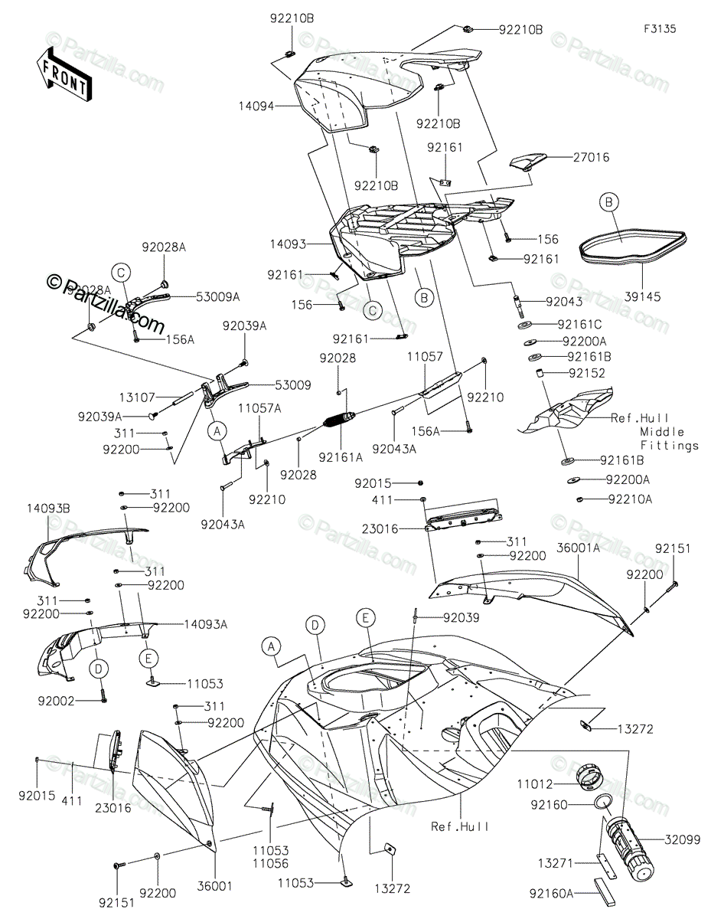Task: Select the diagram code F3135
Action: (x=659, y=29)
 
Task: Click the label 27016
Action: (x=592, y=158)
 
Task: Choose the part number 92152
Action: (x=588, y=374)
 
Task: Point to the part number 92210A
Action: (x=631, y=499)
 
